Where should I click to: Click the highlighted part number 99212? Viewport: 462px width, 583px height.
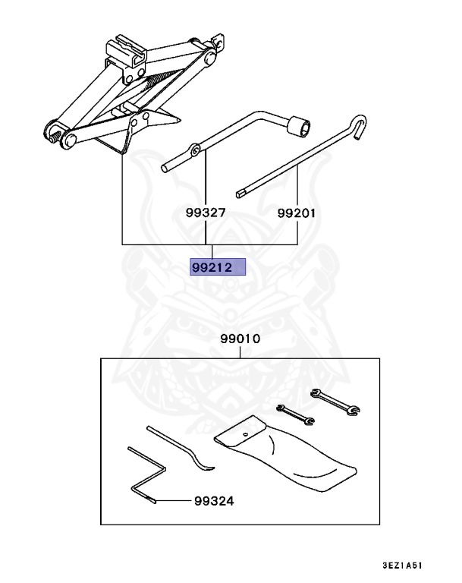217,267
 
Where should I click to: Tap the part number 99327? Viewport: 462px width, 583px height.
206,214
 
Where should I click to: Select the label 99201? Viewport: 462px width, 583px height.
297,214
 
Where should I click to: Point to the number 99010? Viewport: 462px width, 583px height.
240,339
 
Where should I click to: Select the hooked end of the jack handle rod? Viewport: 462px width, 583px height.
359,124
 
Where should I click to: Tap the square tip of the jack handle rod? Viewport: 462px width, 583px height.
240,193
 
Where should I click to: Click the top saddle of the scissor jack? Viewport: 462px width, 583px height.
127,49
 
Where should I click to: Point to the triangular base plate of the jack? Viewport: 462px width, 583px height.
152,129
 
